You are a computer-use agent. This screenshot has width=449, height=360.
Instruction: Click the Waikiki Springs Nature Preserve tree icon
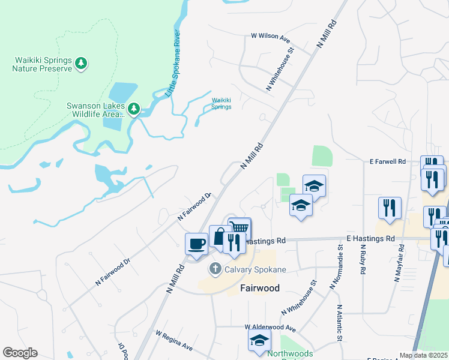pyautogui.click(x=81, y=62)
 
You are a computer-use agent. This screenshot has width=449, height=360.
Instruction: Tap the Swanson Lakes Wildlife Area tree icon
pyautogui.click(x=134, y=109)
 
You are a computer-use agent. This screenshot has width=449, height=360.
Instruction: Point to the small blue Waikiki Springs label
pyautogui.click(x=221, y=104)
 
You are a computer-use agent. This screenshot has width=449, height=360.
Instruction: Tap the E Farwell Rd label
pyautogui.click(x=388, y=162)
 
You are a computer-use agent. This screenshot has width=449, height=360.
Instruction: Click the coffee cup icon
pyautogui.click(x=196, y=244)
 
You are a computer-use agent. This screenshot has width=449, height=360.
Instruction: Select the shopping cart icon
pyautogui.click(x=239, y=227)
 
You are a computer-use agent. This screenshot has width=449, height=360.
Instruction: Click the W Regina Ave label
pyautogui.click(x=173, y=340)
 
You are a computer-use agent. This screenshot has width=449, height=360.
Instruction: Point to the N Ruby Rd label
pyautogui.click(x=363, y=259)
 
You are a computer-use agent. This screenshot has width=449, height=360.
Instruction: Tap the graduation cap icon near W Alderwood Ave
pyautogui.click(x=259, y=340)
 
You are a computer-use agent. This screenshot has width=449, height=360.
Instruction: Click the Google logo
pyautogui.click(x=20, y=353)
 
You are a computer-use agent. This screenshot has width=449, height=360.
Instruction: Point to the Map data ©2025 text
pyautogui.click(x=424, y=355)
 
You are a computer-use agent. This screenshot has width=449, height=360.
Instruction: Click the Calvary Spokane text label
pyautogui.click(x=255, y=269)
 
